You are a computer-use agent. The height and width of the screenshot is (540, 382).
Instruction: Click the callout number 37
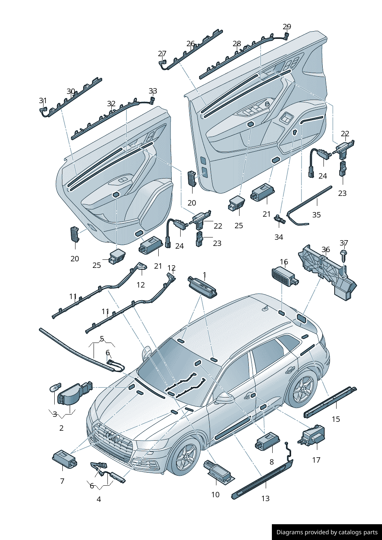344,243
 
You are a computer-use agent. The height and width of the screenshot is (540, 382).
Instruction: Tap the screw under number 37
343,256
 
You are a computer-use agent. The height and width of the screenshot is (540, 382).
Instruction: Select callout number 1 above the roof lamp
204,275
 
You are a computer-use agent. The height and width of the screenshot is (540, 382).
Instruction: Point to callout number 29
287,27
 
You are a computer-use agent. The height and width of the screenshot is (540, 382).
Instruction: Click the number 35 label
317,215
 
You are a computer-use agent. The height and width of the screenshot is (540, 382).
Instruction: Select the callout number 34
279,237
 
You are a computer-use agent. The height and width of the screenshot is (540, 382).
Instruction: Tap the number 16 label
284,262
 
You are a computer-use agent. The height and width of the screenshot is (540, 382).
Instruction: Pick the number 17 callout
316,460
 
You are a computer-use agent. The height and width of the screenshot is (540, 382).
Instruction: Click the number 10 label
215,495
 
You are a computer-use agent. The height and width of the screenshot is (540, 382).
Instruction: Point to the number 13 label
265,498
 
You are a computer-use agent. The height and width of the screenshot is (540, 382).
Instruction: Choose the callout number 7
62,481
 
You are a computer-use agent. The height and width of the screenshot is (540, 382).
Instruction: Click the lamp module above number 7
64,459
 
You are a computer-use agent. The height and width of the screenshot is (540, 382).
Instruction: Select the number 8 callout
271,462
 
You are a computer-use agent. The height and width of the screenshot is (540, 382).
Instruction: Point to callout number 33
153,91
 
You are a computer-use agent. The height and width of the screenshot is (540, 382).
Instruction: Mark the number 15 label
336,419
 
